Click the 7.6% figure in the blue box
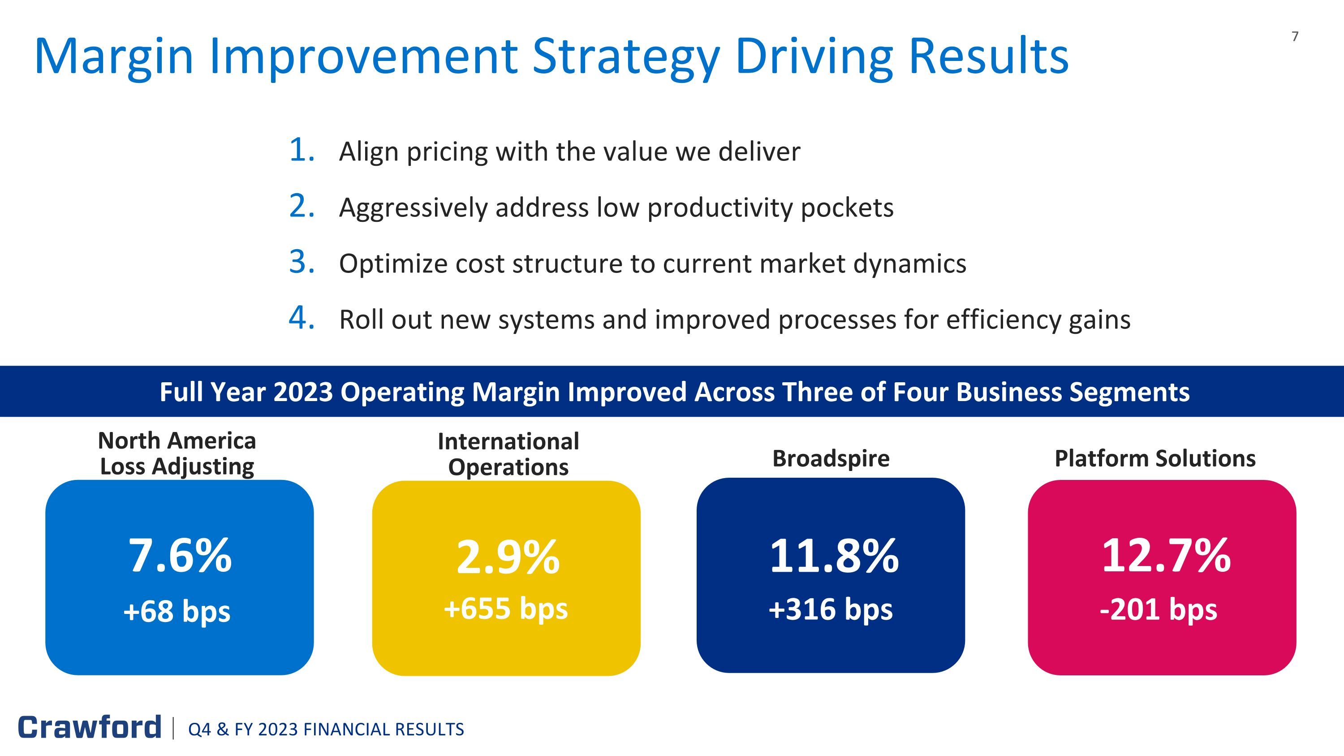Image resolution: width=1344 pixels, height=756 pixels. pos(180,556)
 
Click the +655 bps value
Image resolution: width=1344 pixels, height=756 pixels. pos(505,609)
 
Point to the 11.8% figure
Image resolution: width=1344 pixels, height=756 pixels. pos(834,556)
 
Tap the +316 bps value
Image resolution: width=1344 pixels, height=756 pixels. pos(831,609)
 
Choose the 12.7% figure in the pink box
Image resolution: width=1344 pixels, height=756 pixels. pos(1166,556)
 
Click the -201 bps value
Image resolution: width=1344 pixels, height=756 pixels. pos(1158,609)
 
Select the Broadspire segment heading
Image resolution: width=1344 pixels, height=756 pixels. pos(831,458)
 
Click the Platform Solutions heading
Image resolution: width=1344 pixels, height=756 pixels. pos(1155,458)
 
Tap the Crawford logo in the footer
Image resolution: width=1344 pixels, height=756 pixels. pos(90,727)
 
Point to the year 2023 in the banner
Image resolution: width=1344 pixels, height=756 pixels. pos(302,393)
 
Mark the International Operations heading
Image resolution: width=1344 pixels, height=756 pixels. pos(508,454)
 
